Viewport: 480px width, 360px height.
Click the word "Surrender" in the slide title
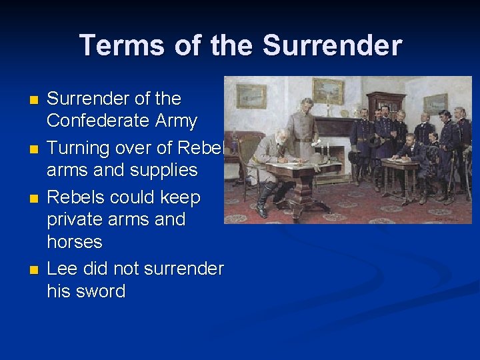pos(332,45)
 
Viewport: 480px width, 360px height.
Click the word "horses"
pos(75,241)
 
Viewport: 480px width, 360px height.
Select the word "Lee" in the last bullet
pos(62,269)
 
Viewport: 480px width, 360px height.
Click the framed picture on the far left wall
pos(251,97)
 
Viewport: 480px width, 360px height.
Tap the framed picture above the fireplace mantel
pos(328,91)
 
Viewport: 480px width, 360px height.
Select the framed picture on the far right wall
pos(436,103)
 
